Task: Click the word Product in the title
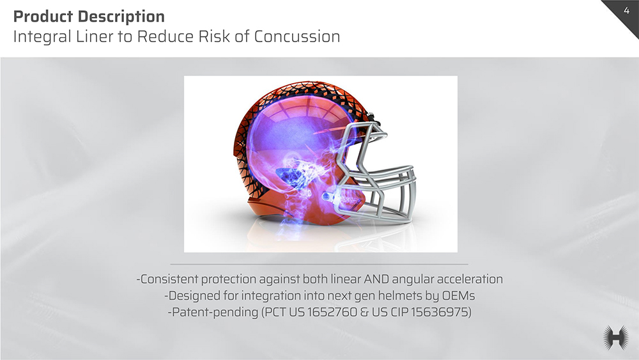pos(43,17)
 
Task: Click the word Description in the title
pos(121,17)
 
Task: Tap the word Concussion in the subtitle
pos(297,36)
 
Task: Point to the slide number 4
pos(626,11)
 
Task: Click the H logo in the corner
pos(616,338)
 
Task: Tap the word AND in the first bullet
pos(376,279)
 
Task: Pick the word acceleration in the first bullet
pos(470,279)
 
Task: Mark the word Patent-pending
pos(213,312)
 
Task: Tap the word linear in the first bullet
pos(346,279)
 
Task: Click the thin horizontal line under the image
pos(319,264)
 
